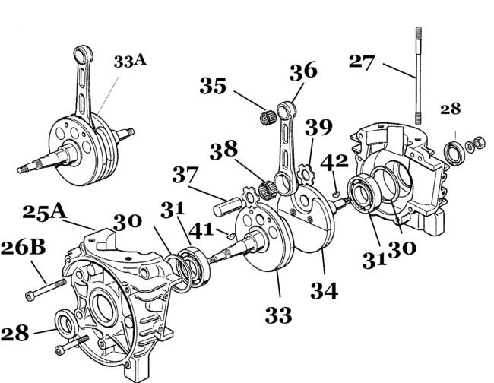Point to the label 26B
click(x=24, y=248)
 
